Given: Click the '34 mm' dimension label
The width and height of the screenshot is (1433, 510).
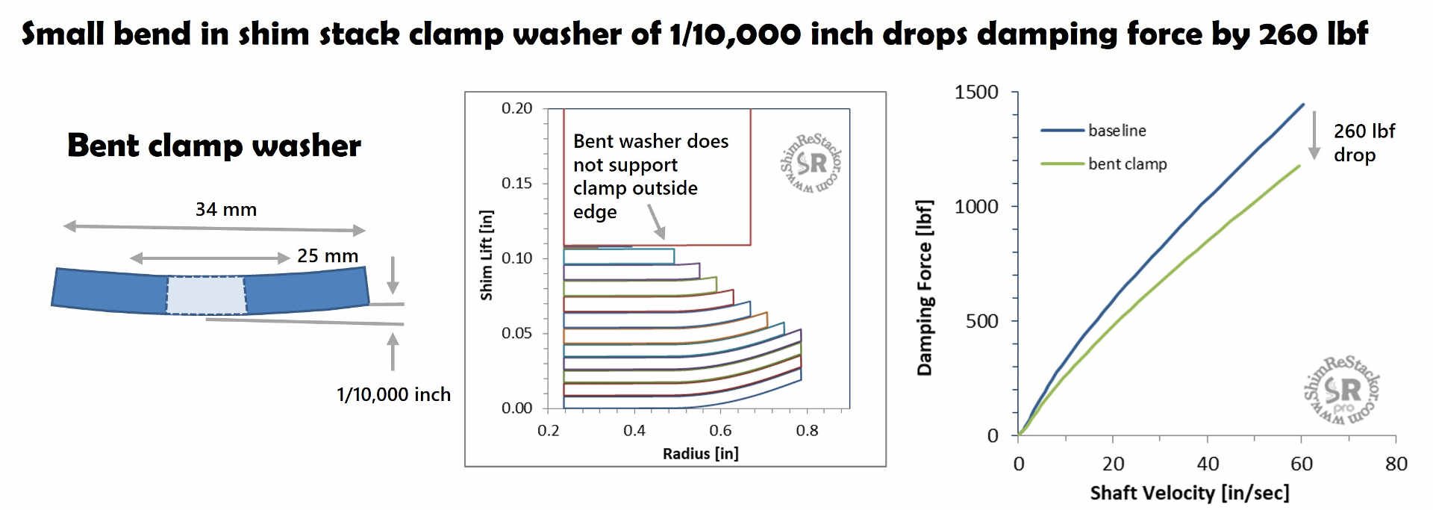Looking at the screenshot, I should click(225, 210).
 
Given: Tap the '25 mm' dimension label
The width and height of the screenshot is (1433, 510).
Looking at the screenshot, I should click(327, 256).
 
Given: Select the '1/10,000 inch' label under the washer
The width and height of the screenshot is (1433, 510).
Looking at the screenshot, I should click(393, 394).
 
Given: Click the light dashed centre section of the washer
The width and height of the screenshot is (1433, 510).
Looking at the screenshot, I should click(206, 296).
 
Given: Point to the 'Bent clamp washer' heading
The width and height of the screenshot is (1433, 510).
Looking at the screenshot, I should click(214, 145).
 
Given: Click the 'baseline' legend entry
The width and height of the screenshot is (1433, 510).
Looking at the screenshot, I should click(1117, 131).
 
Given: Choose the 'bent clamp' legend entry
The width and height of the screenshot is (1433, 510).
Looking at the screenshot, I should click(1127, 164).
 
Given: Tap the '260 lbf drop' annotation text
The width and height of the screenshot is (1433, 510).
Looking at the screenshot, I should click(1364, 143).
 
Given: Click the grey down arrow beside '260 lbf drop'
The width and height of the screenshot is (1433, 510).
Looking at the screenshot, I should click(1314, 135).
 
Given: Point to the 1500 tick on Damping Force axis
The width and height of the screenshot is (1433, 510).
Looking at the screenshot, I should click(975, 93).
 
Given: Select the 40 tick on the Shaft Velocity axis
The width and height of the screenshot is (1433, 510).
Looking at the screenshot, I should click(1208, 464).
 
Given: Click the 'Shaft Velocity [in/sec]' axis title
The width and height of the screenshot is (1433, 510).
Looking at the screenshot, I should click(1190, 493).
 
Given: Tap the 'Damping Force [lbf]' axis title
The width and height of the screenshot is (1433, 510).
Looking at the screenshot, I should click(924, 287).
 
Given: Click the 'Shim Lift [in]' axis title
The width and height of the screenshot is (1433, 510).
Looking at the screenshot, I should click(487, 255).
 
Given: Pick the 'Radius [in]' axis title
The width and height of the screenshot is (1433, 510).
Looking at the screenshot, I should click(700, 453).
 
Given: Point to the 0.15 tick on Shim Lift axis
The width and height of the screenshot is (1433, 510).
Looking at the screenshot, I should click(516, 183).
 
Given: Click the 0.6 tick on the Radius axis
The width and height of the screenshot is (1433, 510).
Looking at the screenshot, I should click(720, 431).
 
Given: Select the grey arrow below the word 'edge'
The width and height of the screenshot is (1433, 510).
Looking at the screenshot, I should click(656, 222).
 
